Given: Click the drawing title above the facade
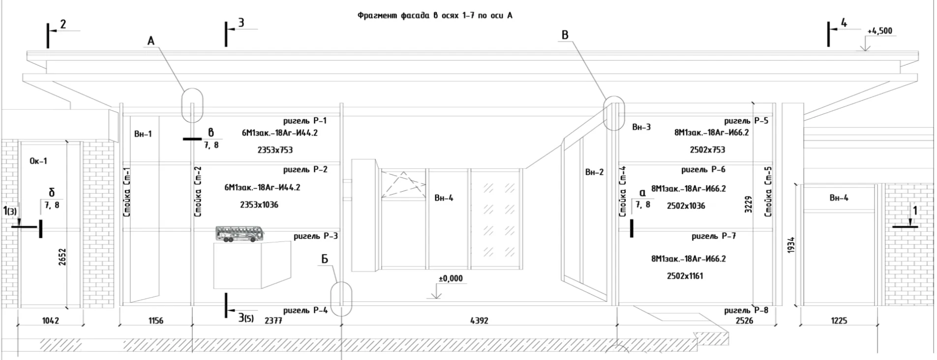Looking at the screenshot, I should coord(435,16).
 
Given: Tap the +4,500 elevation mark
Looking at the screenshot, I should coord(879,31).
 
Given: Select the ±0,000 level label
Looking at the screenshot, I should coord(451,278).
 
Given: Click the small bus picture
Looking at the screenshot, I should coord(239,234).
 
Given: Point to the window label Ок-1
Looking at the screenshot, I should coord(38,161).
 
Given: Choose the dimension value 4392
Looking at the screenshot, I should coord(479,321).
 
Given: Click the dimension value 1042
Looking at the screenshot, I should coord(50,321).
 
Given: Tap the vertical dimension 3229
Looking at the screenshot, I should coord(749,204).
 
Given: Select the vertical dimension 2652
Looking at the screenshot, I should coord(62,257).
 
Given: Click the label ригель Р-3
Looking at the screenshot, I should coord(316,236).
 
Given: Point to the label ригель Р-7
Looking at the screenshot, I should coord(714,236).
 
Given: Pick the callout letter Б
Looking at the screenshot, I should coord(324,259).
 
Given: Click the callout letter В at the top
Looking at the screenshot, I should coord(565,35).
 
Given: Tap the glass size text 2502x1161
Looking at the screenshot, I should coord(685,276).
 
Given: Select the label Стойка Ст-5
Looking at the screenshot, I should coord(768,192).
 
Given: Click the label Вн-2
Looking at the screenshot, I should coord(594,172).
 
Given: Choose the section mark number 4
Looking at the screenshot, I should coord(844,23).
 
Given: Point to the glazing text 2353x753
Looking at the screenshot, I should coord(275,150).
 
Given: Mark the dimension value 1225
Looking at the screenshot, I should coord(839,321).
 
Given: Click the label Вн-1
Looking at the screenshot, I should coord(143,134).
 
